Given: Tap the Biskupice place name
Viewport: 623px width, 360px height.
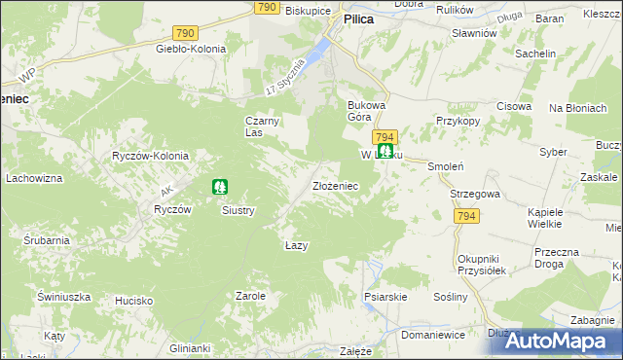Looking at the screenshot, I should (307, 11).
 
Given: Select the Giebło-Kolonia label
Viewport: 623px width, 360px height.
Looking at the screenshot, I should (191, 49).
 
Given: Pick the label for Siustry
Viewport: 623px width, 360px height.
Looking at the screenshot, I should (238, 209).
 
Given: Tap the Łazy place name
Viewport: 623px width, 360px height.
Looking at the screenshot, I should (297, 245).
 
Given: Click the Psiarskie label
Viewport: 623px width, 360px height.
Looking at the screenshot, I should (382, 295).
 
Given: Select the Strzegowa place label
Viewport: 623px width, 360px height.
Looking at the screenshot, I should (474, 194).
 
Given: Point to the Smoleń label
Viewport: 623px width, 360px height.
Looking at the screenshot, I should (443, 166).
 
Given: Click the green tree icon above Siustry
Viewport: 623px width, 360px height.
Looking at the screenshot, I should (220, 185).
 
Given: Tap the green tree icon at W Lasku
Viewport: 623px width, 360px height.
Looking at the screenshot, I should (386, 151).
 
